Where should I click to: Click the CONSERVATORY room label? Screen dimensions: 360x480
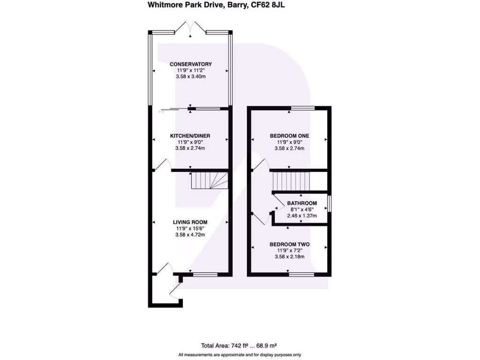pos(191,64)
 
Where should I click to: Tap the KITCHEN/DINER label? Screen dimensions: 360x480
pos(191,136)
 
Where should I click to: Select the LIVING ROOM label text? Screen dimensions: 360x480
pos(190,222)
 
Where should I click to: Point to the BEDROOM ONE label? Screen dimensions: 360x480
pos(289,136)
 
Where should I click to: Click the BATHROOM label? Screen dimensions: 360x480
pos(302,203)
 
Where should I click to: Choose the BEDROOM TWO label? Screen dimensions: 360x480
pos(289,244)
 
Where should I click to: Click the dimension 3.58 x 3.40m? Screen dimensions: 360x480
pos(191,76)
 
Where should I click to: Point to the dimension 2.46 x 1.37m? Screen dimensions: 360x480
pos(302,216)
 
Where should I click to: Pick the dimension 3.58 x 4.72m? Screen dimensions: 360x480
pos(190,235)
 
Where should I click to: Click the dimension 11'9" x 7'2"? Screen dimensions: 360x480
pos(289,250)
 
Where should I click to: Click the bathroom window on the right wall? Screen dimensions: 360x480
pos(330,203)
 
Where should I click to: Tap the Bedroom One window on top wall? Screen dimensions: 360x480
pos(302,108)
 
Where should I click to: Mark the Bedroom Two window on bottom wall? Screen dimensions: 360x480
pos(301,274)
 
